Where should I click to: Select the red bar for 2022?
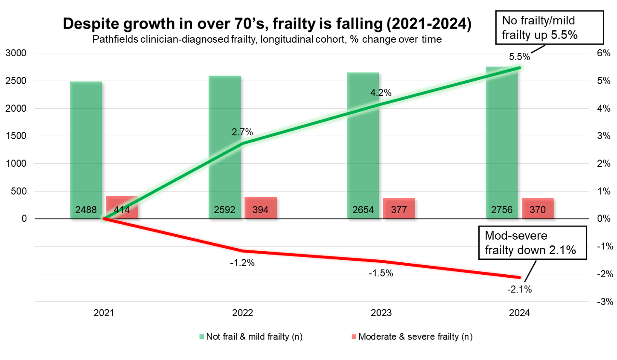pyautogui.click(x=260, y=203)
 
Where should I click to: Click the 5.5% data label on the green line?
pyautogui.click(x=519, y=57)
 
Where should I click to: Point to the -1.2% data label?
pyautogui.click(x=242, y=263)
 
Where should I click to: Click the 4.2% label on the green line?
pyautogui.click(x=381, y=93)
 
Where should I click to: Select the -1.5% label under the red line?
pyautogui.click(x=381, y=273)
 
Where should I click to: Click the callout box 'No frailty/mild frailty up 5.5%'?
pyautogui.click(x=549, y=28)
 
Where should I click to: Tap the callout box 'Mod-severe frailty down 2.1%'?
pyautogui.click(x=532, y=243)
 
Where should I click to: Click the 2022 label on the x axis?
pyautogui.click(x=242, y=313)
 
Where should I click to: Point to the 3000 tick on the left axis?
pyautogui.click(x=16, y=53)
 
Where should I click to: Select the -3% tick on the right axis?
pyautogui.click(x=605, y=302)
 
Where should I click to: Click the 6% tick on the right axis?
pyautogui.click(x=603, y=53)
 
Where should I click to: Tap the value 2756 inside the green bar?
pyautogui.click(x=501, y=210)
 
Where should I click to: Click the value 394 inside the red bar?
pyautogui.click(x=260, y=210)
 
